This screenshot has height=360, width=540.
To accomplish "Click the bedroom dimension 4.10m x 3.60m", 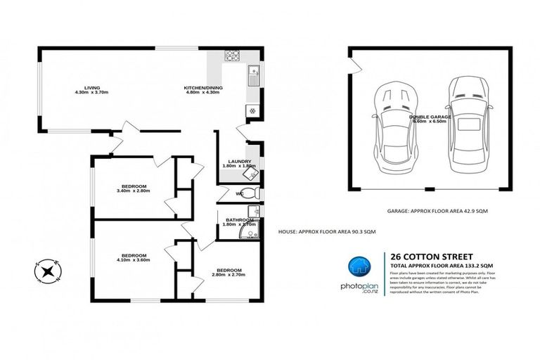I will click(134, 259).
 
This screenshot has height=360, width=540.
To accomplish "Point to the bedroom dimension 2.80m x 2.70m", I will click(229, 275).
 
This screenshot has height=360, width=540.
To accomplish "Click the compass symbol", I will click(47, 270).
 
